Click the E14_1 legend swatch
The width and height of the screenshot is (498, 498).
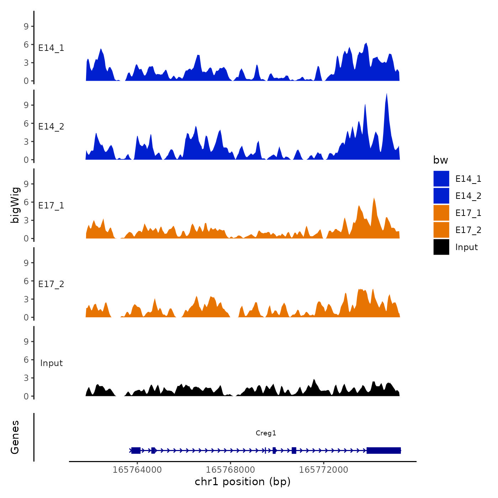pos(441,179)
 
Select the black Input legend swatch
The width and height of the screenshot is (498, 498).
pos(441,247)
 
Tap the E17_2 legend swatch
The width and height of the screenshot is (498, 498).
pos(441,230)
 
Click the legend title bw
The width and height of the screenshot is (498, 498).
pos(440,160)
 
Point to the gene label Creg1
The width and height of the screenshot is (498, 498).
pos(266,433)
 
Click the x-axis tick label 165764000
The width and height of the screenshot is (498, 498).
pos(137,470)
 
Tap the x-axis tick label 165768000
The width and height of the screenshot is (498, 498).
pos(230,470)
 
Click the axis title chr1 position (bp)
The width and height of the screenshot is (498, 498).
pos(243,482)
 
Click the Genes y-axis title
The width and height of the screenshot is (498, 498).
pos(15,437)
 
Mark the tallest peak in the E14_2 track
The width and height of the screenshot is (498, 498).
pos(386,95)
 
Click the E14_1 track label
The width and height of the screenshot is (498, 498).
pos(51,48)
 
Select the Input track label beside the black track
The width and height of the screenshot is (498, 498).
pos(51,363)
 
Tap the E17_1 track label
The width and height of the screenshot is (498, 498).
pos(51,206)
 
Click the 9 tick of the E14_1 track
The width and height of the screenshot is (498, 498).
pos(26,26)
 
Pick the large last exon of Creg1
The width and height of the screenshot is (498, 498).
pos(383,450)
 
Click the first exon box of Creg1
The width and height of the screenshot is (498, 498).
pos(136,450)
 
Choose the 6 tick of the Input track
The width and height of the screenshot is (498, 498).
pos(26,360)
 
